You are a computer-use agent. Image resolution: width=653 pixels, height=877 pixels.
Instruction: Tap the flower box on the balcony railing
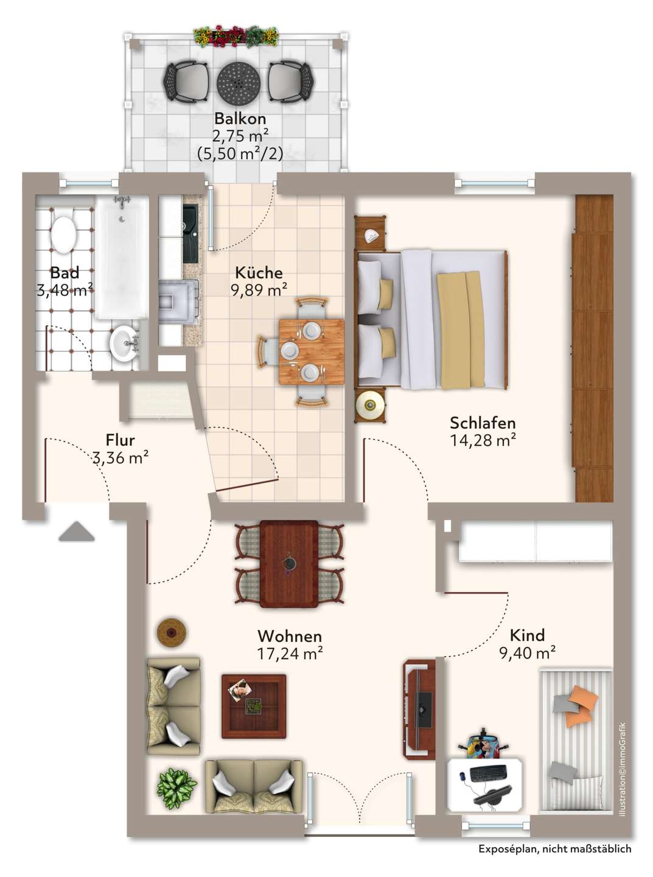236,37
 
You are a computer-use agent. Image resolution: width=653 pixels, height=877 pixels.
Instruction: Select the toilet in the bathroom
64,234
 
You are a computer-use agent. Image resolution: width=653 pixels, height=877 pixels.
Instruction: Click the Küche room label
259,273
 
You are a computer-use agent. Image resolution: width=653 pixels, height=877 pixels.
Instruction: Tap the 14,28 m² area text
483,440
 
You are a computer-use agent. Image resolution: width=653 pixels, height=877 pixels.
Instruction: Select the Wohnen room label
290,636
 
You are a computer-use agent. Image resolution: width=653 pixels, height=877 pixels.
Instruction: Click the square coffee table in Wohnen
254,706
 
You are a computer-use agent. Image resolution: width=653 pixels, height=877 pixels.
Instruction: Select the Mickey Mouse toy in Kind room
482,744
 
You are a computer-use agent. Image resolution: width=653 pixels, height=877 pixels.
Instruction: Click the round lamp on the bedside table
371,404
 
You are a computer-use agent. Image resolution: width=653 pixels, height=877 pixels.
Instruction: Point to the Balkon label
240,118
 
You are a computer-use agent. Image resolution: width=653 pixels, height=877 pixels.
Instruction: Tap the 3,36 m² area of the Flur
120,458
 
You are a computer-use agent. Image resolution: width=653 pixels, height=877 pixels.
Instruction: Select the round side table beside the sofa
172,633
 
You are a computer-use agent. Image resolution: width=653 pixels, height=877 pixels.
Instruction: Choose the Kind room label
527,635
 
